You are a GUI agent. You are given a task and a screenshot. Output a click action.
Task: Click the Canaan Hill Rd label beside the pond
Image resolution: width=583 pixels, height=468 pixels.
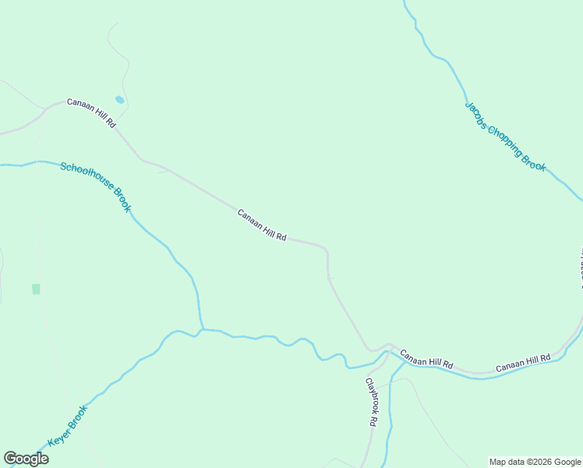pos(91,113)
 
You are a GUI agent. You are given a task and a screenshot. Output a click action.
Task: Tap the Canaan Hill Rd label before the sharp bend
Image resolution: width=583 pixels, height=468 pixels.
pos(262,225)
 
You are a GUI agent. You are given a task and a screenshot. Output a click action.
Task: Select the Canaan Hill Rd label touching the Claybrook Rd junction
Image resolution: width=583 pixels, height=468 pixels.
pos(427,360)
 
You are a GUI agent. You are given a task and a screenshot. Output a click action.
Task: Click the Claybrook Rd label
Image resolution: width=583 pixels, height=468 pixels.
pos(372,402)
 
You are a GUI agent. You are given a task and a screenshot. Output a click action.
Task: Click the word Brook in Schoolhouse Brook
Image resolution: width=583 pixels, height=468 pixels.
pos(122,199)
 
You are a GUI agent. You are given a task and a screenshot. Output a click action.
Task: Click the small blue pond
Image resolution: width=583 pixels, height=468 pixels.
pos(119,100)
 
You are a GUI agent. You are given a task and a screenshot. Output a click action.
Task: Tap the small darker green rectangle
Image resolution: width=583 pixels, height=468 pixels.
pos(36,289)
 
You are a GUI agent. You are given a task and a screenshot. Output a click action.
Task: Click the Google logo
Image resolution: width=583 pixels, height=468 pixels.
pos(26,459)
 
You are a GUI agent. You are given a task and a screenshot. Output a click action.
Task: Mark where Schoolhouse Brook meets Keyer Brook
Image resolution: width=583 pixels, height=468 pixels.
pos(203,329)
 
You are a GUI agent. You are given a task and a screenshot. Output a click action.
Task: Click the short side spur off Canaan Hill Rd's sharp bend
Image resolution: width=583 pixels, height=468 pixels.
pos(332,278)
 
